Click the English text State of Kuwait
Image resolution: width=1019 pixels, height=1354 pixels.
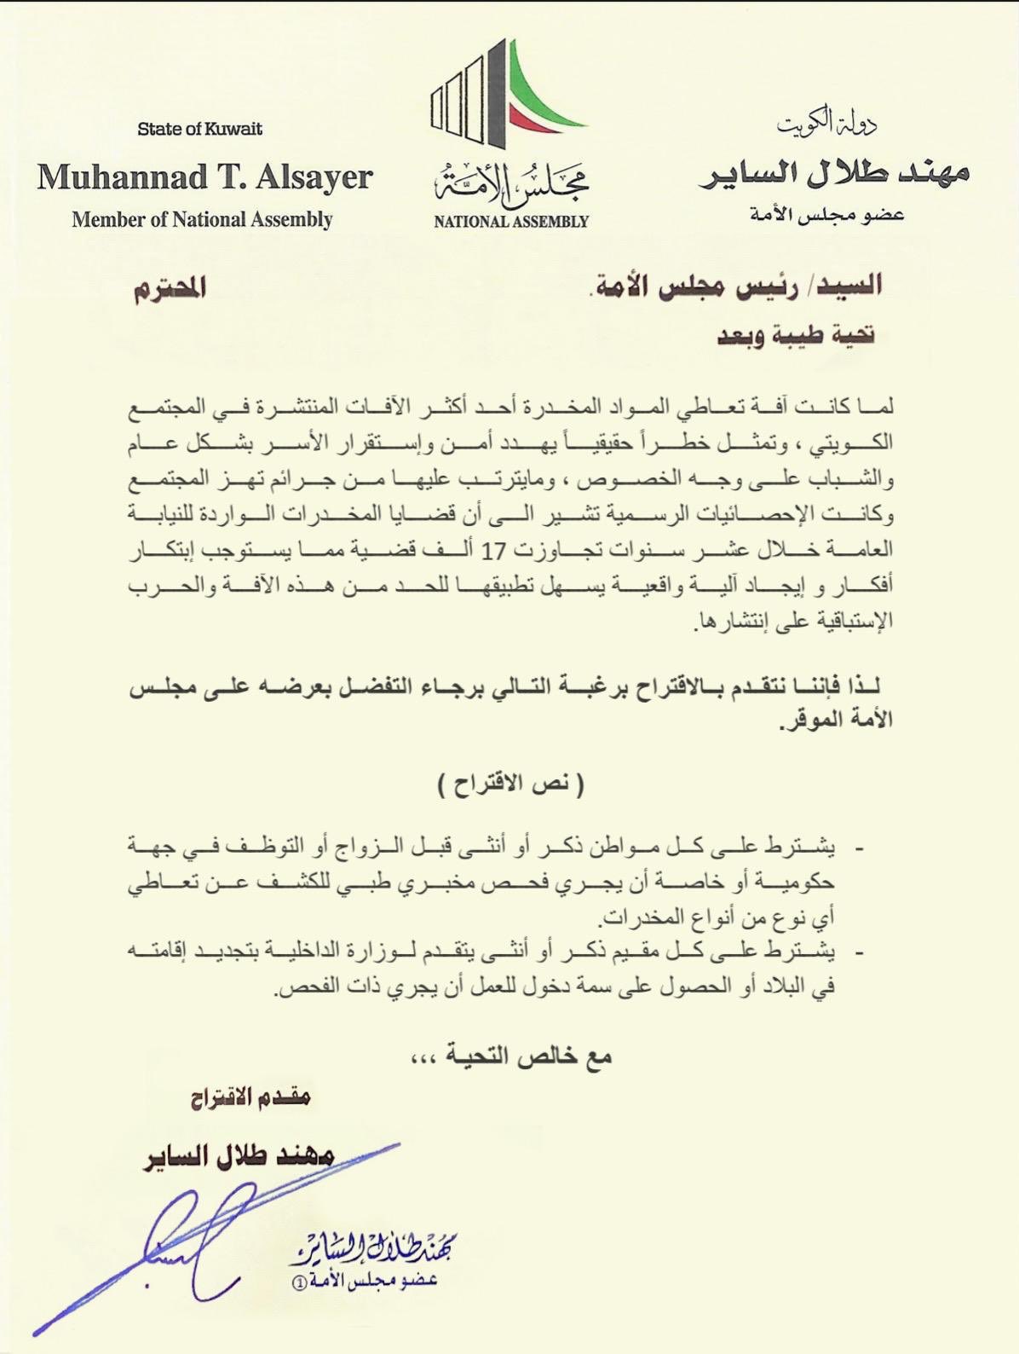coord(199,129)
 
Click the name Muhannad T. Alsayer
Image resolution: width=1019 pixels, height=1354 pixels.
coord(204,177)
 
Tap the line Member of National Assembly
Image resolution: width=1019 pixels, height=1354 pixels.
coord(202,219)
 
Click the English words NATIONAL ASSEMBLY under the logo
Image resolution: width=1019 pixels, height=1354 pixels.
coord(510,222)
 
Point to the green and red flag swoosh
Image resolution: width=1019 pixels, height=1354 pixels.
coord(545,94)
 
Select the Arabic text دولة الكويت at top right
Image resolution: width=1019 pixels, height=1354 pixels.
coord(826,125)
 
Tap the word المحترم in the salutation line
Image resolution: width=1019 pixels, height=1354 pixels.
coord(170,289)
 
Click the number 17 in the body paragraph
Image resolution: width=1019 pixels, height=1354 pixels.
coord(492,552)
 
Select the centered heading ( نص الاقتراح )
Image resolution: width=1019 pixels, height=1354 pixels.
coord(510,784)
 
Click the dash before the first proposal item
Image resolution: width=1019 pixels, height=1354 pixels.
coord(859,849)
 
